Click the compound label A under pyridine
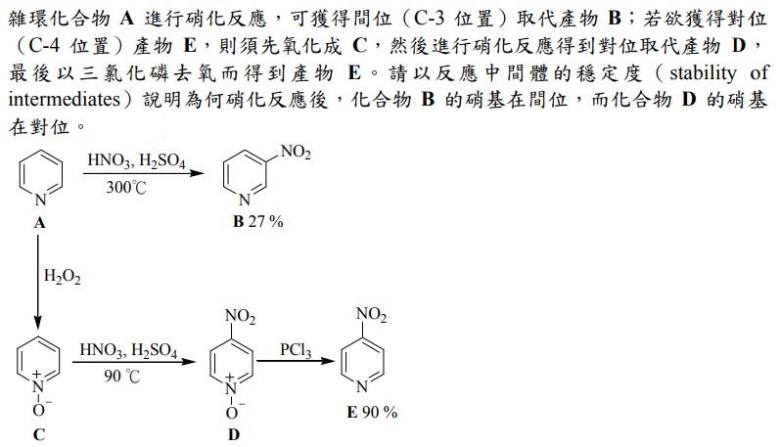point(40,223)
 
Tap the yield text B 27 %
point(257,221)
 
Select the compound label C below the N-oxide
point(39,434)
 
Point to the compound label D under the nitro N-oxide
point(233,434)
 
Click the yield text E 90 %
point(372,412)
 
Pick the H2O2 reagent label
point(63,277)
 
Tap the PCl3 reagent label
point(296,350)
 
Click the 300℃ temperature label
point(126,188)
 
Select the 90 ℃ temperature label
point(122,376)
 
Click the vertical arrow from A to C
point(38,282)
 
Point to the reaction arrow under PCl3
point(296,361)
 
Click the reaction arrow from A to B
point(144,173)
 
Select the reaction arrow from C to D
point(134,362)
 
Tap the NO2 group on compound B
point(296,153)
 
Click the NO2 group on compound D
point(241,316)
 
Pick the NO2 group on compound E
point(371,315)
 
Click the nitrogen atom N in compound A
point(41,200)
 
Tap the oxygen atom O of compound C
point(38,410)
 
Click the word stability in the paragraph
point(703,73)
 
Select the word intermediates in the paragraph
point(65,100)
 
